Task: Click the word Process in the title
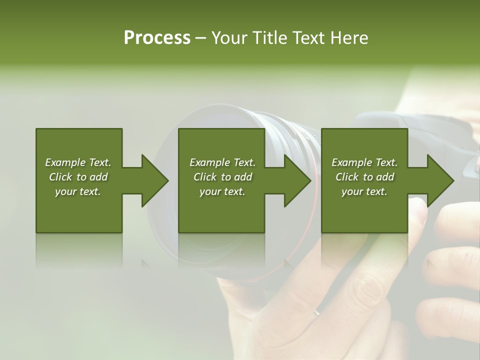click(157, 38)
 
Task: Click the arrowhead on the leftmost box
click(152, 180)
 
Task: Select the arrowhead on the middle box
click(295, 180)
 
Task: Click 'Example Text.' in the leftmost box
click(78, 162)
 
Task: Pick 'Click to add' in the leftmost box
click(78, 177)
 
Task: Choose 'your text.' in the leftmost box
click(78, 191)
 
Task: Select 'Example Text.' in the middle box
click(222, 162)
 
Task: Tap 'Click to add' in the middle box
click(222, 177)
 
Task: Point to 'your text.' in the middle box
click(222, 191)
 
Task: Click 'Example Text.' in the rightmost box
click(364, 162)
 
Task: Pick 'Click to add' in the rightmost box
click(364, 177)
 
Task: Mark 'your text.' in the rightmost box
click(364, 191)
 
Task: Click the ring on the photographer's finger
click(316, 312)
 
